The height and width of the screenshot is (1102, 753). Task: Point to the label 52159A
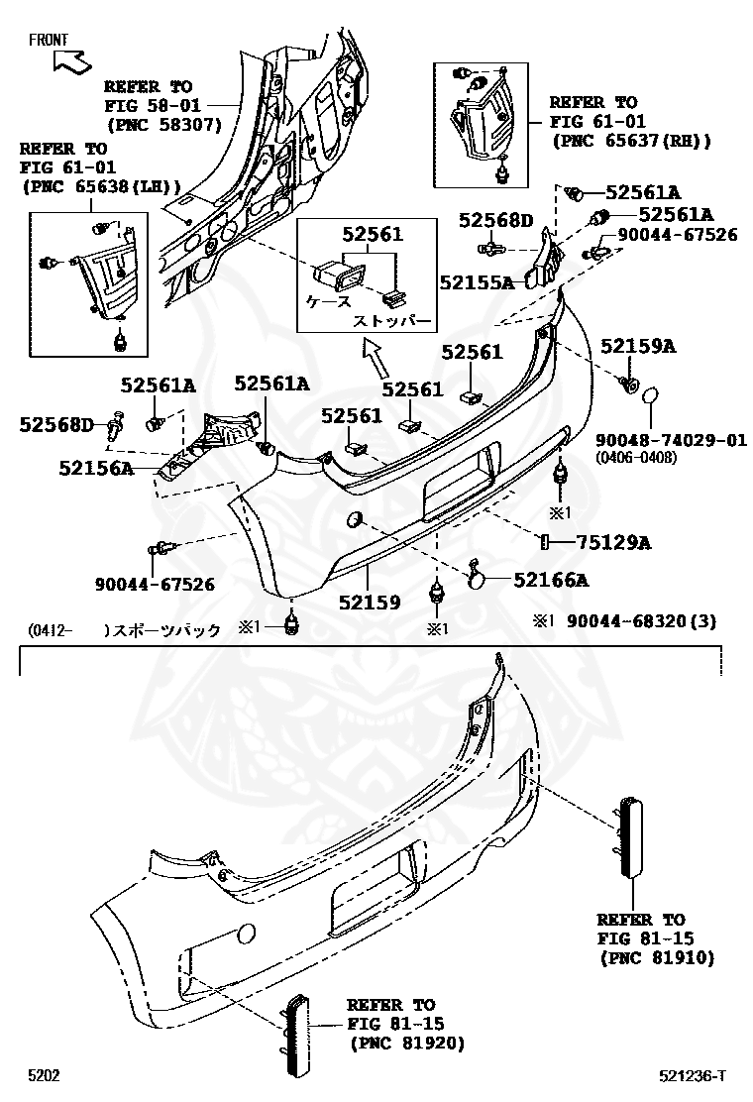[x=637, y=346]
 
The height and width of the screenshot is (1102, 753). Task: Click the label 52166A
[x=550, y=581]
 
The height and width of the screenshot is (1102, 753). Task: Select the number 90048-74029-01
[x=671, y=439]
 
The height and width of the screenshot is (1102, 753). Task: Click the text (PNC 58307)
[x=163, y=125]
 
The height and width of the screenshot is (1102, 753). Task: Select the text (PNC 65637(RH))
[x=630, y=141]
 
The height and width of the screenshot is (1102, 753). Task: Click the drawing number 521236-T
[x=694, y=1076]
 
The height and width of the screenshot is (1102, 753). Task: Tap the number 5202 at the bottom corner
[x=44, y=1076]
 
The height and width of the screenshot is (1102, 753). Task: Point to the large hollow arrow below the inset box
[x=376, y=358]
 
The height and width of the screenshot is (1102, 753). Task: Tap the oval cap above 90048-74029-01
[x=649, y=397]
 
